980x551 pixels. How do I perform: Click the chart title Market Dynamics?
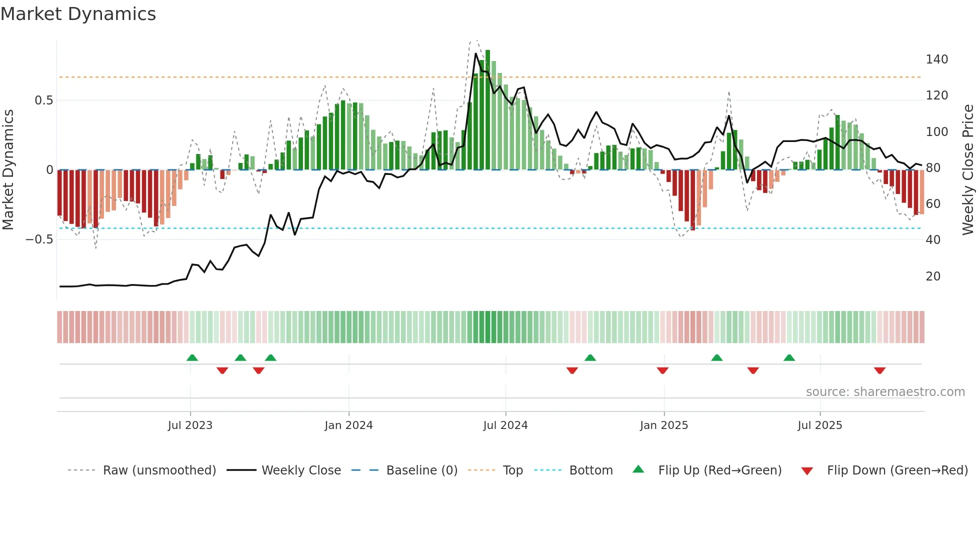(x=78, y=14)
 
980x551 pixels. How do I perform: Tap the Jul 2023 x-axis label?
(x=190, y=425)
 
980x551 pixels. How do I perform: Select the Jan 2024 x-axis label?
(x=348, y=425)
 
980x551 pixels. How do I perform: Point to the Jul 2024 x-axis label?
(x=505, y=425)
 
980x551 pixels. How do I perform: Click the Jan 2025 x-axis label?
(x=664, y=425)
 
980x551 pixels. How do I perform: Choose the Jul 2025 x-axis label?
(x=820, y=425)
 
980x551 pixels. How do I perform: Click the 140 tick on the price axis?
(x=936, y=59)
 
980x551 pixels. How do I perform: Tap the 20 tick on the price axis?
(x=933, y=276)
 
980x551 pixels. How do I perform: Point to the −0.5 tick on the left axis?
(x=39, y=239)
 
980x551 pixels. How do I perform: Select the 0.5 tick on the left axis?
(x=43, y=100)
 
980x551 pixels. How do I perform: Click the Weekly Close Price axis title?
(x=968, y=169)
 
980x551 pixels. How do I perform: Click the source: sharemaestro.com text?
(x=885, y=392)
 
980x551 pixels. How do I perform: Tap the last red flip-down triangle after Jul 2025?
(x=879, y=370)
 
